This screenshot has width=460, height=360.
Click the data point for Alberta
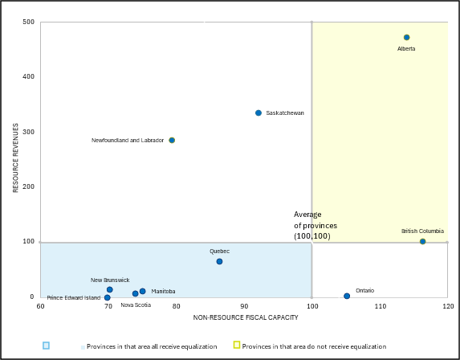(x=407, y=38)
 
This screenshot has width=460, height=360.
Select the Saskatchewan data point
(x=258, y=113)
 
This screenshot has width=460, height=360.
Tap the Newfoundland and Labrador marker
(x=172, y=141)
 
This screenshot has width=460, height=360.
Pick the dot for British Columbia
(x=423, y=242)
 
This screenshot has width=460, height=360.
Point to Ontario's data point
(x=347, y=297)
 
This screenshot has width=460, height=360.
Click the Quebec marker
(x=219, y=262)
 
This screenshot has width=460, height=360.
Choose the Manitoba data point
(x=143, y=292)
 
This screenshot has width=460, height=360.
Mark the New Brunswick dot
(x=110, y=290)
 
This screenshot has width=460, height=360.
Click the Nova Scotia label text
(x=136, y=305)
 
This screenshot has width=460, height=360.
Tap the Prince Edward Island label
(x=74, y=298)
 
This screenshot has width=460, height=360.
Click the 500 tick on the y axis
(x=29, y=22)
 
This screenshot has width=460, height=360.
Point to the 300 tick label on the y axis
(x=29, y=132)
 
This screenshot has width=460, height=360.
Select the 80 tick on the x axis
(x=176, y=306)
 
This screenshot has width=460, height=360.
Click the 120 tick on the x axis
(x=447, y=306)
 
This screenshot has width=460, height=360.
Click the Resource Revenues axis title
(x=15, y=157)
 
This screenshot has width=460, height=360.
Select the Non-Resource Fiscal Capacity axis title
(x=246, y=318)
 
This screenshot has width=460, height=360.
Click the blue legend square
(x=46, y=346)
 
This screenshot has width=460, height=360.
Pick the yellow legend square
(x=237, y=345)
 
